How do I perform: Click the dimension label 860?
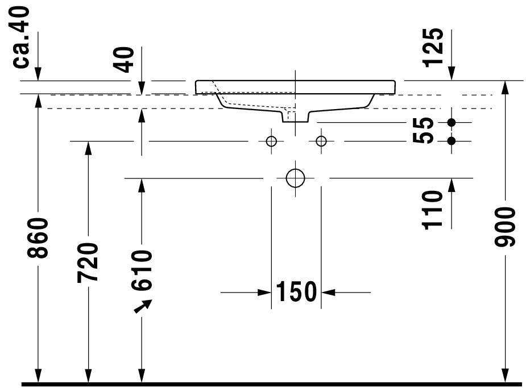coord(38,238)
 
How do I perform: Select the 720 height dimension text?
coord(88,262)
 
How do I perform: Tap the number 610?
coord(142,270)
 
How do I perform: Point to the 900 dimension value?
coord(505,227)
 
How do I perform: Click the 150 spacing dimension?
coord(296,292)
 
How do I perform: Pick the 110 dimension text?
coord(432,210)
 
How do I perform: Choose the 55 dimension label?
coord(423,131)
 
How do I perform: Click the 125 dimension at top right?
coord(433,48)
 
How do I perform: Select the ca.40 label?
coord(21,37)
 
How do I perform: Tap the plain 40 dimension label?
coord(123,60)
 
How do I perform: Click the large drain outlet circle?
coord(295,178)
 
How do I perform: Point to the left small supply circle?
coord(271,141)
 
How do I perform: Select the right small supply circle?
coord(321,141)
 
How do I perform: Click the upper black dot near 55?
coord(452,123)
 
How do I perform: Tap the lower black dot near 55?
coord(452,141)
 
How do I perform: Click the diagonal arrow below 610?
coord(143,306)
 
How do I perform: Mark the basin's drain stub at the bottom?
coord(295,116)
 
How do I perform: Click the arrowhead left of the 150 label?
coord(264,292)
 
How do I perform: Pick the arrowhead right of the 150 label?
coord(328,292)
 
